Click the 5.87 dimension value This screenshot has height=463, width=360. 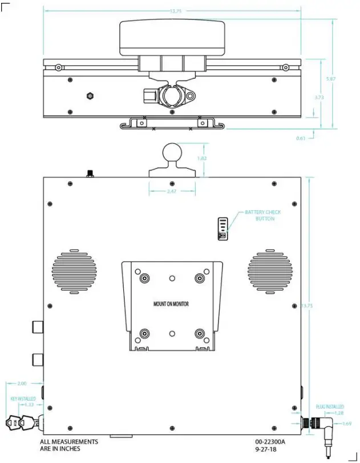[x=330, y=78]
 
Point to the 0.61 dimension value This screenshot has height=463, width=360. [x=301, y=138]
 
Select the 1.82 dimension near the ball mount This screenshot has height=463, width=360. [x=201, y=158]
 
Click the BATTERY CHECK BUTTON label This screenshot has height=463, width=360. [x=263, y=215]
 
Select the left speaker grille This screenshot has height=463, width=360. [x=75, y=269]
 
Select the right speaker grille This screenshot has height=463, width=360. [x=270, y=269]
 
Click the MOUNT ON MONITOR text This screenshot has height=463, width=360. [x=171, y=304]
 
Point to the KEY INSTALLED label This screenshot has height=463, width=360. [x=23, y=398]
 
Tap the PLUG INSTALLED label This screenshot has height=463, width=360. [x=330, y=407]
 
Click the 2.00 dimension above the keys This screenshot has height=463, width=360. [x=22, y=384]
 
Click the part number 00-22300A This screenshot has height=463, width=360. [x=270, y=442]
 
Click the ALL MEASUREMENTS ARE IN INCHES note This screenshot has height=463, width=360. [x=69, y=445]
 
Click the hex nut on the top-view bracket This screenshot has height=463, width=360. [x=90, y=95]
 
